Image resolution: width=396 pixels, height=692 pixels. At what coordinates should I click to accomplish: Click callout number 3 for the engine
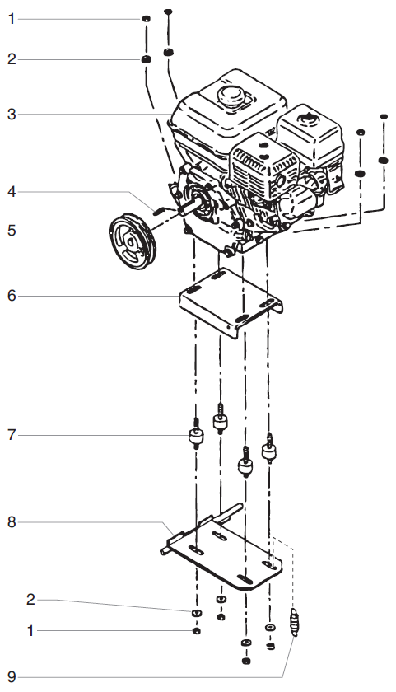pyautogui.click(x=12, y=114)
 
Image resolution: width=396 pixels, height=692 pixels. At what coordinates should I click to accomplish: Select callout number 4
pyautogui.click(x=12, y=193)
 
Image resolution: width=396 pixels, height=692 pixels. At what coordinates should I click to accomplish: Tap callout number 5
pyautogui.click(x=12, y=231)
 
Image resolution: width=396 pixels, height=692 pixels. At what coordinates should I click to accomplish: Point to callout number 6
pyautogui.click(x=12, y=294)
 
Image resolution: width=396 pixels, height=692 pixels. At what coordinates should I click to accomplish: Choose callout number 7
pyautogui.click(x=12, y=434)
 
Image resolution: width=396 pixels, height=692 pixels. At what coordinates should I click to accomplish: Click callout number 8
pyautogui.click(x=12, y=521)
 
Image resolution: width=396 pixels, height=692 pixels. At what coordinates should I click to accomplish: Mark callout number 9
pyautogui.click(x=12, y=679)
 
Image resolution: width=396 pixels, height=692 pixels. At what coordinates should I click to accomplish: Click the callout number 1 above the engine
pyautogui.click(x=12, y=19)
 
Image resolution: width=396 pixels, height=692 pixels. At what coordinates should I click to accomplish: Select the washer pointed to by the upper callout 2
pyautogui.click(x=145, y=59)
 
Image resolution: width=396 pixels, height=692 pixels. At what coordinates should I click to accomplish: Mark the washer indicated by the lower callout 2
pyautogui.click(x=196, y=614)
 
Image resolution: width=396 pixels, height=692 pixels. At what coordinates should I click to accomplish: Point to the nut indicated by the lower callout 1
pyautogui.click(x=196, y=631)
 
